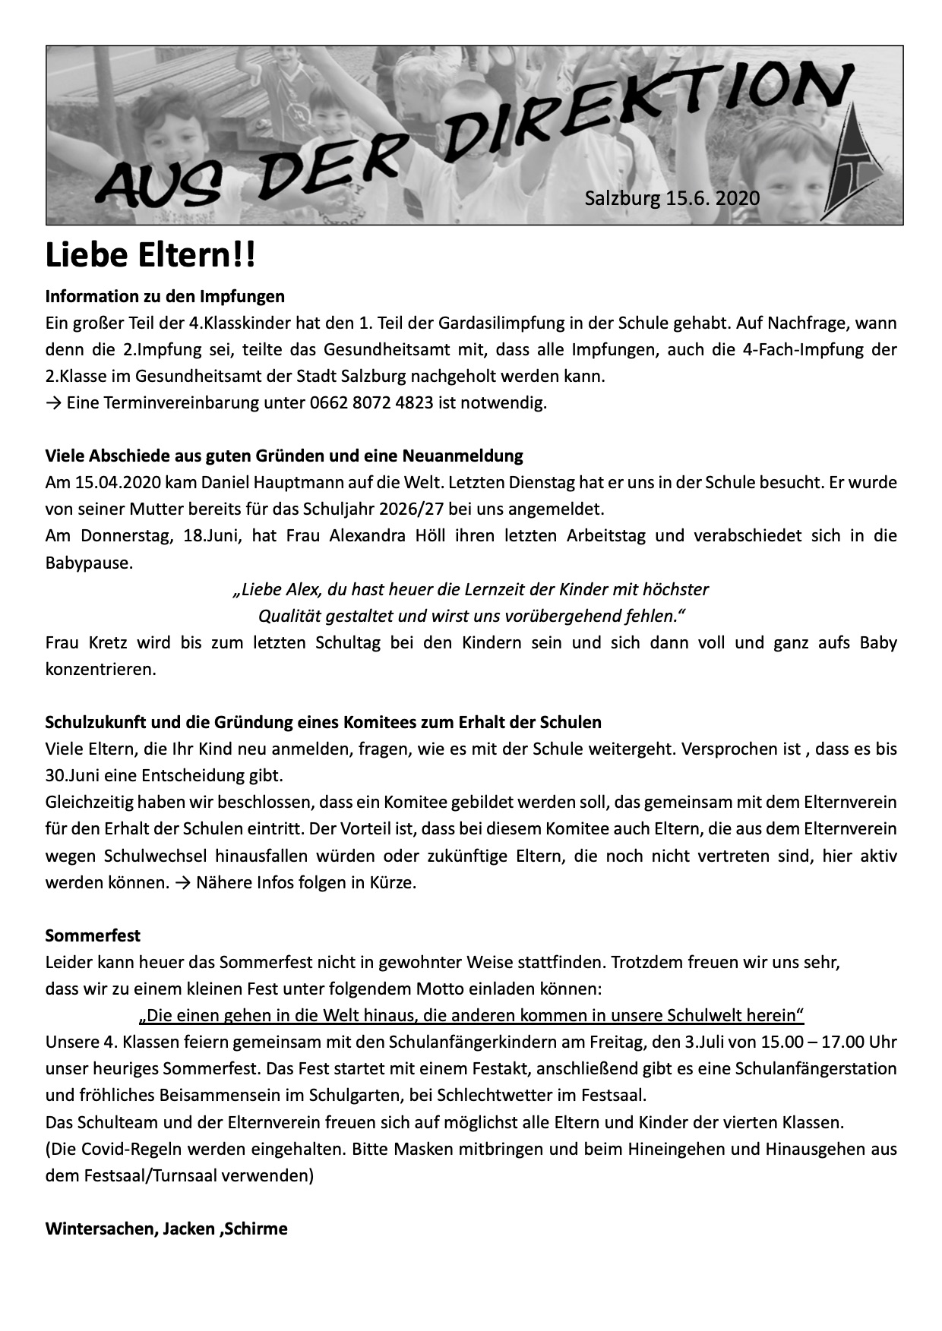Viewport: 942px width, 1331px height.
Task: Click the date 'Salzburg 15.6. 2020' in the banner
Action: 672,199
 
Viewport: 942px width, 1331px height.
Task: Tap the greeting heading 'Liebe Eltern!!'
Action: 150,256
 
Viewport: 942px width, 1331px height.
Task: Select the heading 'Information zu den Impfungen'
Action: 165,296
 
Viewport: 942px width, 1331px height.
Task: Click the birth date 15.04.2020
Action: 119,482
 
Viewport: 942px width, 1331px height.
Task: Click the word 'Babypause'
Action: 87,563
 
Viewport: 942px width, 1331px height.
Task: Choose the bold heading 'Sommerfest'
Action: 93,935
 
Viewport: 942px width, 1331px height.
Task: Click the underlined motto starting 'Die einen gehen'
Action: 471,1015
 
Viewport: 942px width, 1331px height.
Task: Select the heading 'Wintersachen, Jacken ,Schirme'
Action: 166,1228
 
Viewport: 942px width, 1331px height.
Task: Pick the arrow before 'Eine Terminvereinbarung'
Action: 53,402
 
